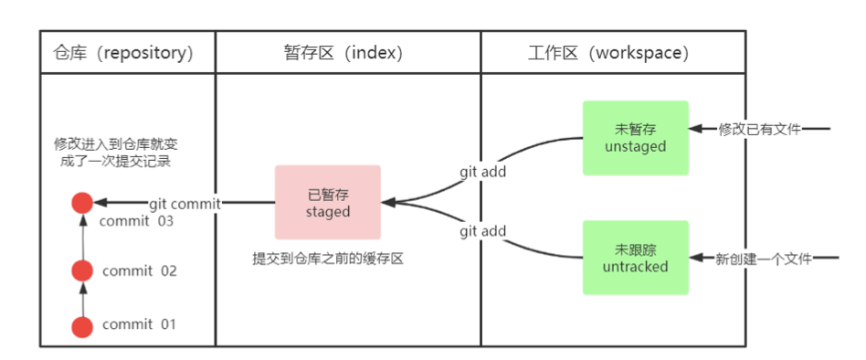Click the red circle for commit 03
coord(83,204)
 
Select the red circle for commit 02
coord(83,270)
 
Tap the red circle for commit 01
coord(83,324)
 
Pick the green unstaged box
coord(635,137)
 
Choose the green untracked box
coord(635,258)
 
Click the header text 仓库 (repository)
coord(125,52)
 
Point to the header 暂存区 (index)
coord(347,52)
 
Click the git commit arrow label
coord(185,204)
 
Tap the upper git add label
coord(482,170)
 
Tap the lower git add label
coord(482,232)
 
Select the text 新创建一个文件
coord(765,259)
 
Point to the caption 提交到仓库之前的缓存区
coord(328,259)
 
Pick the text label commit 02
coord(139,271)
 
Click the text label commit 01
coord(139,324)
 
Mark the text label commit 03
coord(136,221)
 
